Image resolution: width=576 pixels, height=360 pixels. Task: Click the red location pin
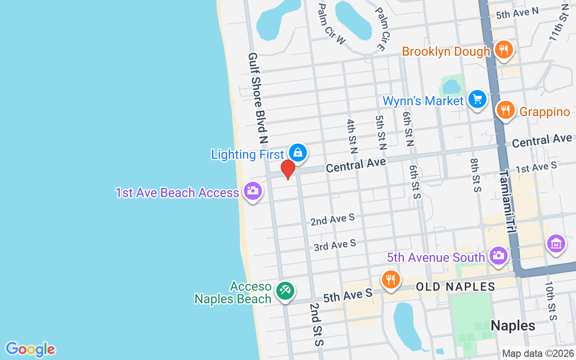point(288,169)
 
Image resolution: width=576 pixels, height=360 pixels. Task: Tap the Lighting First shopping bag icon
point(297,153)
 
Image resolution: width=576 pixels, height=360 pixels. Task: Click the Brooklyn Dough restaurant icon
point(504,49)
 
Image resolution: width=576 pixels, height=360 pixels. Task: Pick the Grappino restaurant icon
point(505,110)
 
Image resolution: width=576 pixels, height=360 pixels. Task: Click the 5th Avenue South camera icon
point(498,256)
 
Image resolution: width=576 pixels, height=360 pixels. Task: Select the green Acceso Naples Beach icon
point(285,291)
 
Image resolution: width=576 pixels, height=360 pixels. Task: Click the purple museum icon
point(556,244)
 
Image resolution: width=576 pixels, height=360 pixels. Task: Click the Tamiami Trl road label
point(507,201)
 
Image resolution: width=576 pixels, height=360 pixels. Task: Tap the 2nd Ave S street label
point(333,220)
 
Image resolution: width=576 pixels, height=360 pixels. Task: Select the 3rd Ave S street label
point(335,245)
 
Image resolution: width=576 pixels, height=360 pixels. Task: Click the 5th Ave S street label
point(348,295)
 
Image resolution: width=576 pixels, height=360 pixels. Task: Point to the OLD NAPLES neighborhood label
point(455,286)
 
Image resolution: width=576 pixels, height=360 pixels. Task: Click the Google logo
point(30,349)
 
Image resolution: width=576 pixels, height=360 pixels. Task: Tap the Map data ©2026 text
point(538,353)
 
